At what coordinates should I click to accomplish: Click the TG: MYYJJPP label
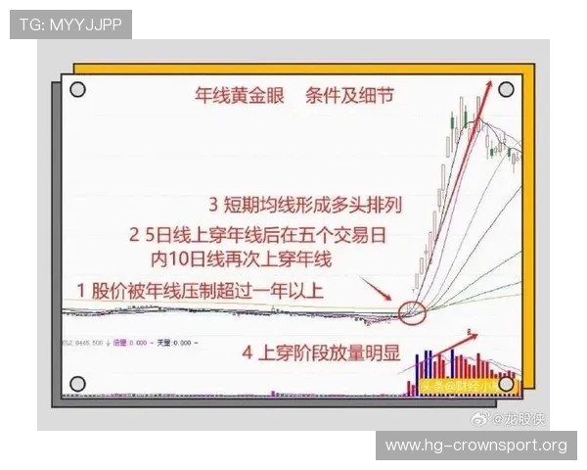tap(69, 23)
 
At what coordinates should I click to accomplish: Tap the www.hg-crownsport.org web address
tap(475, 446)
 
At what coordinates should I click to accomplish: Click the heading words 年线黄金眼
tap(229, 97)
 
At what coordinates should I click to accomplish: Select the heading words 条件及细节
tap(349, 97)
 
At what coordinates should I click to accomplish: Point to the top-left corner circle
tap(78, 90)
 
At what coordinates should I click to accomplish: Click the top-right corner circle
tap(505, 90)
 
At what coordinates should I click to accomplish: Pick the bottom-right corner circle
tap(505, 384)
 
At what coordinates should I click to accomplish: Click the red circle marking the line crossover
tap(413, 312)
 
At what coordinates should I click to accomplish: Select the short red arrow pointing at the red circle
tap(377, 290)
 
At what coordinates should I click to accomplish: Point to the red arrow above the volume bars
tap(455, 339)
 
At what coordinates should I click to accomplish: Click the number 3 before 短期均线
tap(214, 206)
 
